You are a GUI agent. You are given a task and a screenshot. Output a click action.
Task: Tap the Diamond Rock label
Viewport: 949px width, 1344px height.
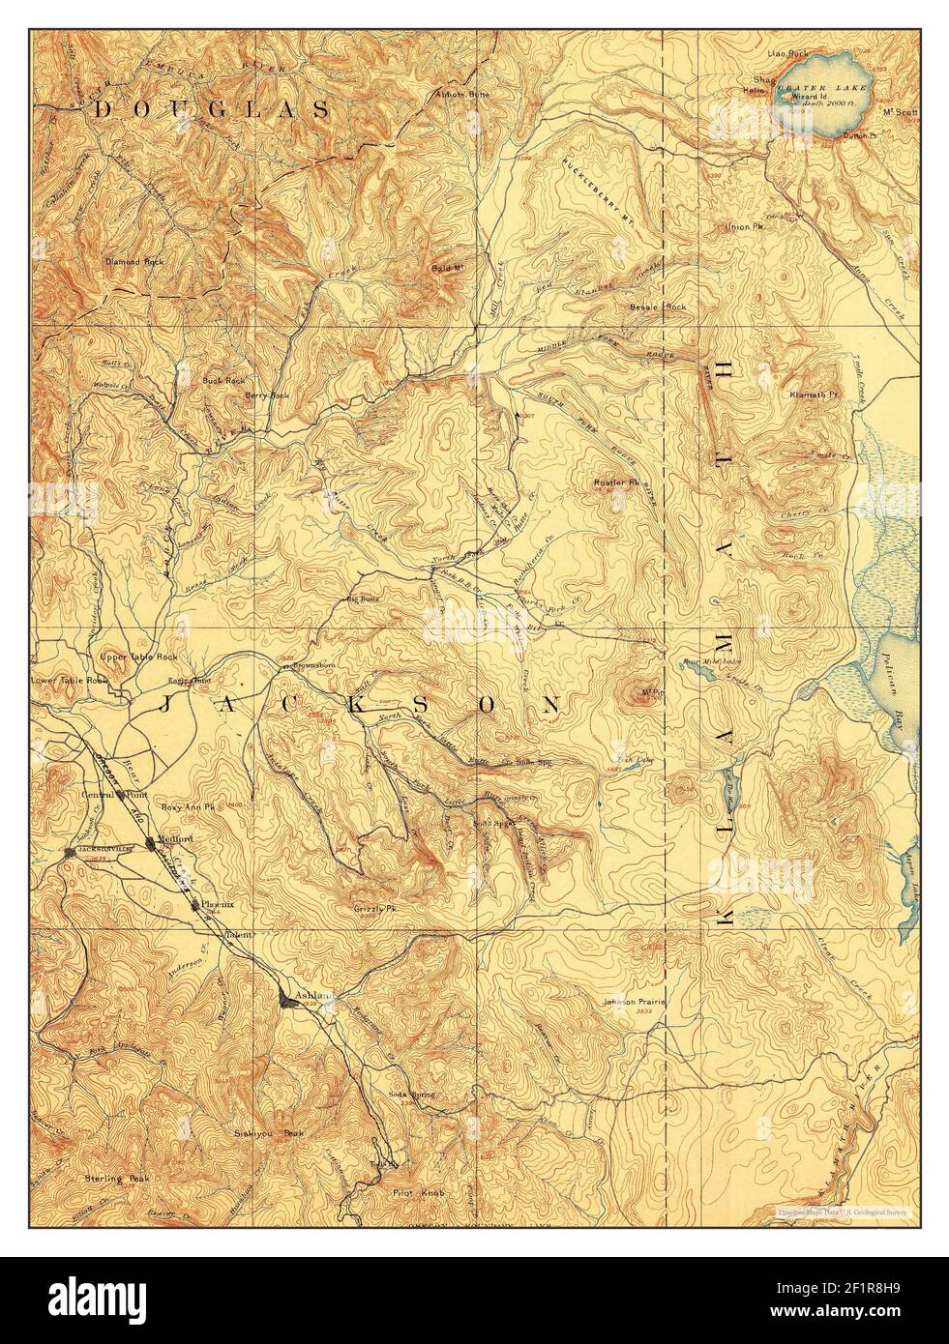pyautogui.click(x=134, y=262)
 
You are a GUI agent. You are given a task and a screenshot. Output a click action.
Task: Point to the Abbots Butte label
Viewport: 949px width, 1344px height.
pyautogui.click(x=463, y=94)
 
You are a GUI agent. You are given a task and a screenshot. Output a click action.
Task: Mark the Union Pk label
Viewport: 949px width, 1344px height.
pyautogui.click(x=743, y=228)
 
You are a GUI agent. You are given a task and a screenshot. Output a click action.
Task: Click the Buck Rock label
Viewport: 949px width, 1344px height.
pyautogui.click(x=222, y=381)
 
